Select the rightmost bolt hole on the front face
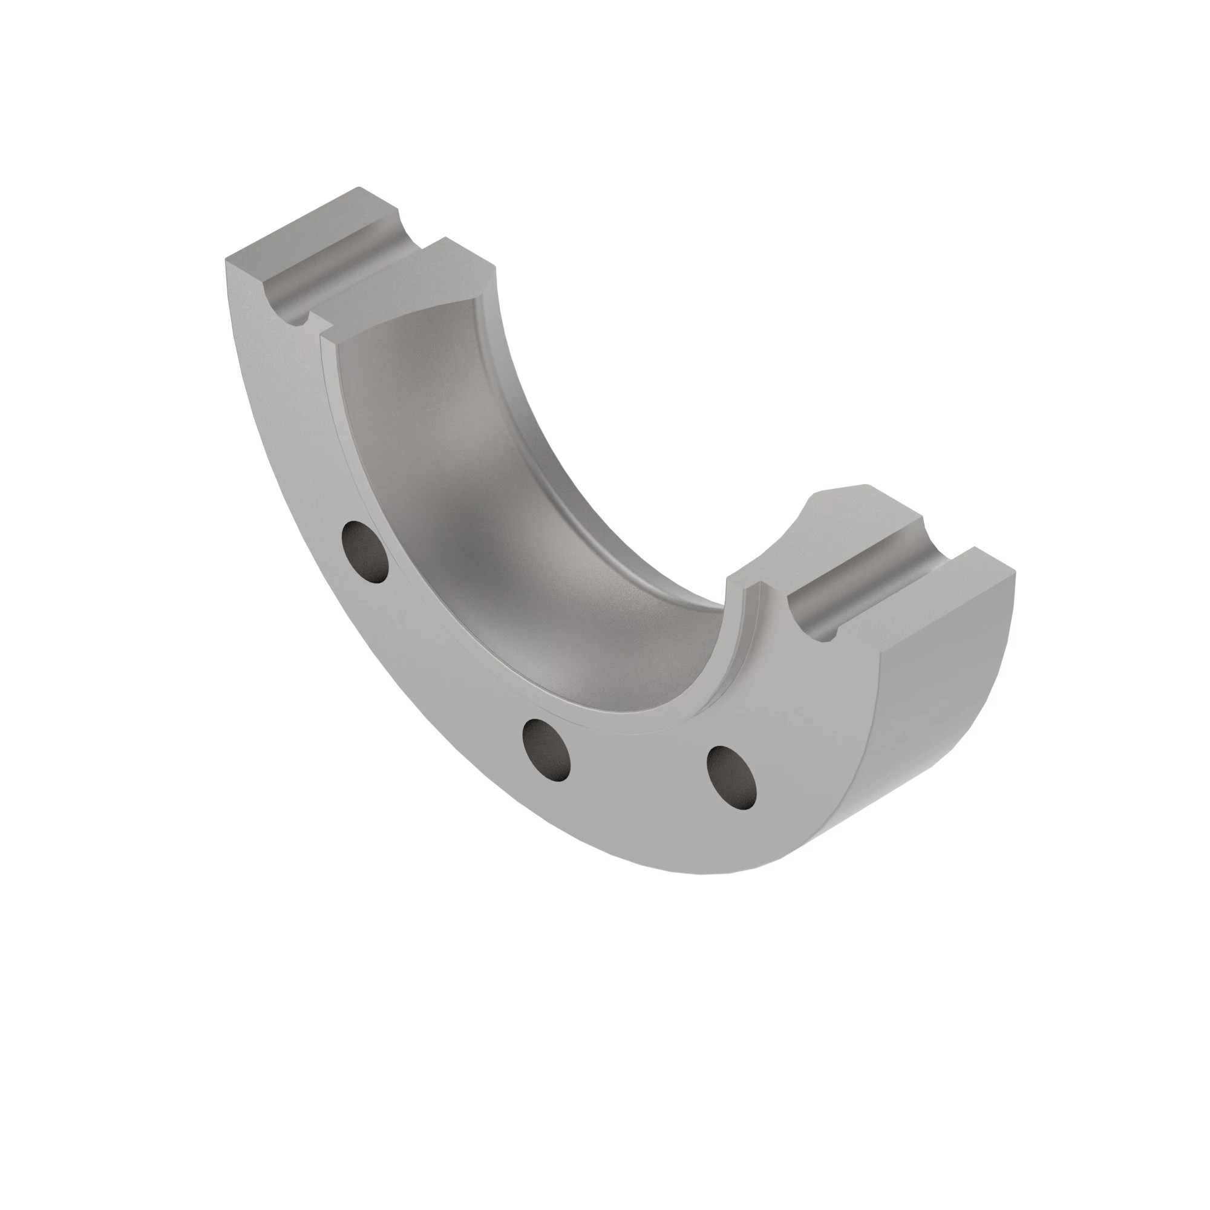tap(731, 777)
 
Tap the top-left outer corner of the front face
tap(227, 258)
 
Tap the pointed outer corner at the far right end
tap(1014, 571)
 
